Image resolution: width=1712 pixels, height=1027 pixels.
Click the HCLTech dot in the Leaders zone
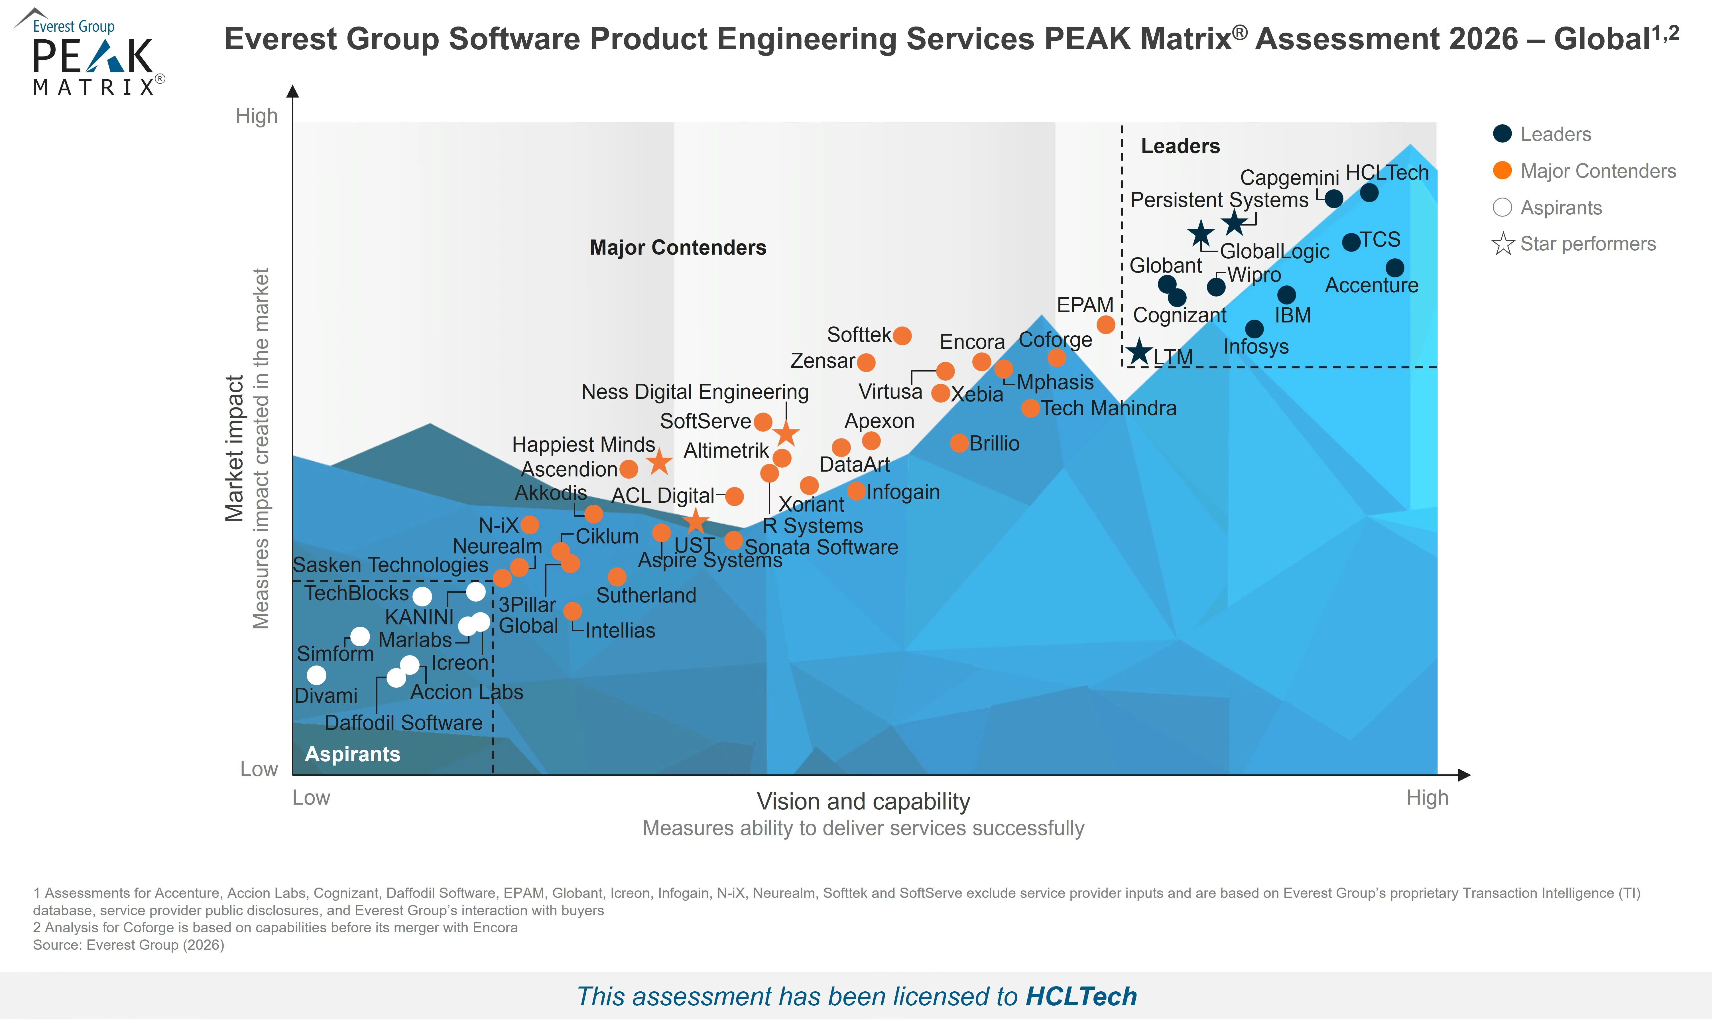tap(1369, 192)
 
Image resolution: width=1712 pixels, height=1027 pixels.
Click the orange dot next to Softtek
tap(902, 336)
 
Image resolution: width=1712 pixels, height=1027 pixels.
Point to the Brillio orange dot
tap(959, 443)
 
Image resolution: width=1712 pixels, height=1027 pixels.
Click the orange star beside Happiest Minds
tap(659, 462)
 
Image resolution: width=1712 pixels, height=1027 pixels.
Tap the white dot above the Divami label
tap(316, 675)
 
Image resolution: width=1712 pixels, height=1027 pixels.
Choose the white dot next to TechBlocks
tap(422, 596)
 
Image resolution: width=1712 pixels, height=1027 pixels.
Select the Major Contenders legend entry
tap(1584, 171)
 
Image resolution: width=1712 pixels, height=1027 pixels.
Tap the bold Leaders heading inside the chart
tap(1180, 146)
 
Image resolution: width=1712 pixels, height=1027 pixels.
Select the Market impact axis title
tap(235, 448)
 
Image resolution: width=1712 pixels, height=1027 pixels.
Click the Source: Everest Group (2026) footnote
tap(129, 945)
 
